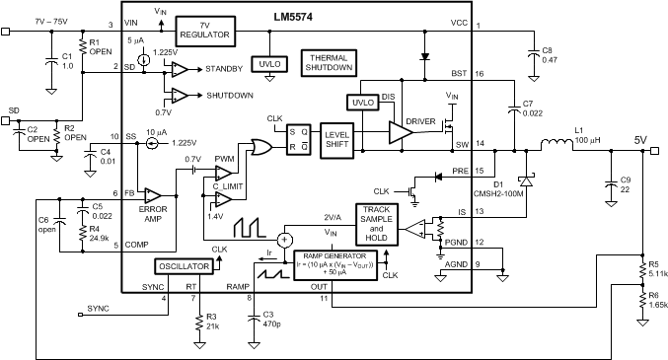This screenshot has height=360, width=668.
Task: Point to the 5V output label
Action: (640, 140)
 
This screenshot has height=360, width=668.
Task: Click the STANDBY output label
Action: (226, 70)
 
